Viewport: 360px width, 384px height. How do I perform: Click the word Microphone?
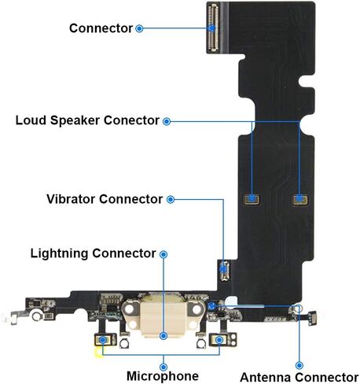pyautogui.click(x=163, y=376)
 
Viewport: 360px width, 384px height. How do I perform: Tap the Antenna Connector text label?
pyautogui.click(x=299, y=378)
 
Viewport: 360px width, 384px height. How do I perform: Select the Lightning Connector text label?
pyautogui.click(x=93, y=253)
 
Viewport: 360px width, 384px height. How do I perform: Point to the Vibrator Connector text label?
pyautogui.click(x=105, y=199)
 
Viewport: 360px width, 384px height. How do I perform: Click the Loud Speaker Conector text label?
pyautogui.click(x=87, y=120)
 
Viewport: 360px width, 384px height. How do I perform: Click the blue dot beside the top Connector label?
pyautogui.click(x=139, y=28)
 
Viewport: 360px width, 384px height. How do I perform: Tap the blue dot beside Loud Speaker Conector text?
pyautogui.click(x=167, y=121)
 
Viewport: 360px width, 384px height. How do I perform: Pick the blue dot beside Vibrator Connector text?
pyautogui.click(x=171, y=200)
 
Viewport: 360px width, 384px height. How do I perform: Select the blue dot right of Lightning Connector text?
pyautogui.click(x=163, y=254)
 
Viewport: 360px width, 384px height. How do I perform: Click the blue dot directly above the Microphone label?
pyautogui.click(x=163, y=367)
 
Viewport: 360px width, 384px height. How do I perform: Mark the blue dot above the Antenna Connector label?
pyautogui.click(x=299, y=365)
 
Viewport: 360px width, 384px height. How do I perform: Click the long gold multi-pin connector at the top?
pyautogui.click(x=213, y=28)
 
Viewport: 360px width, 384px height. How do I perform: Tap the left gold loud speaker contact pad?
pyautogui.click(x=252, y=199)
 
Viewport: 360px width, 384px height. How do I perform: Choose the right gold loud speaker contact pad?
pyautogui.click(x=300, y=200)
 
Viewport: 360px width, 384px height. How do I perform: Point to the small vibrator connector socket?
pyautogui.click(x=223, y=270)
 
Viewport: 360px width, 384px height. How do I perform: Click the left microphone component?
pyautogui.click(x=103, y=340)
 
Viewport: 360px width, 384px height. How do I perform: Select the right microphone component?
pyautogui.click(x=219, y=340)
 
